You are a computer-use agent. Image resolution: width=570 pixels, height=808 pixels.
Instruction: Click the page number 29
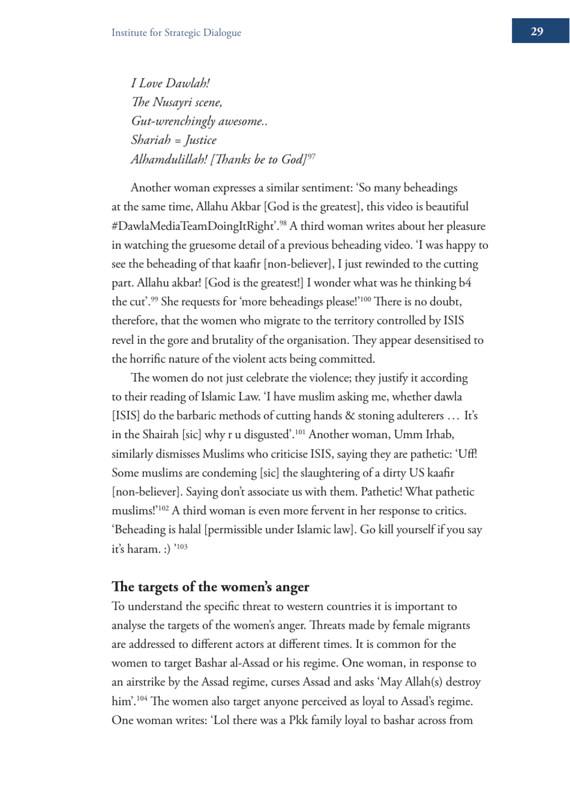(x=537, y=31)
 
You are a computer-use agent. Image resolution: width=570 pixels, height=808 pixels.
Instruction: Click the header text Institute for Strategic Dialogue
(x=176, y=32)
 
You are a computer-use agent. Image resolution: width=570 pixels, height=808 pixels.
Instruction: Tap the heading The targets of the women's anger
(x=211, y=587)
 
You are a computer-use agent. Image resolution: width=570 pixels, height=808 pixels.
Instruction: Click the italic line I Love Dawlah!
(x=170, y=83)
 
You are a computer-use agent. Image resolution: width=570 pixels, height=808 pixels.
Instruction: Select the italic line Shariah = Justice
(x=173, y=140)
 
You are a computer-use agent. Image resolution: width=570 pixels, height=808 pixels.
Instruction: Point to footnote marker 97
(x=311, y=156)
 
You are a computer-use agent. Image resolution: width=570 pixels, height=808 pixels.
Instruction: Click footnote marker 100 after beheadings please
(x=365, y=299)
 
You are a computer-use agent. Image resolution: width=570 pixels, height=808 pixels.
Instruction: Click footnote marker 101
(x=300, y=431)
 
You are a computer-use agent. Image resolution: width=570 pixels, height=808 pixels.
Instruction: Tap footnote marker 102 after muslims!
(x=163, y=507)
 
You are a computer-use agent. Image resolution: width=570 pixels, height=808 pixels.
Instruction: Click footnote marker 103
(x=182, y=546)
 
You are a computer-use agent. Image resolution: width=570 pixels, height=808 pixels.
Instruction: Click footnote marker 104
(x=141, y=698)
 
